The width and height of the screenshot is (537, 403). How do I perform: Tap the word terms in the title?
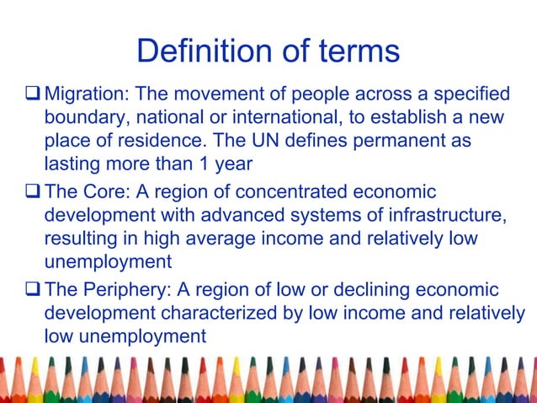(354, 52)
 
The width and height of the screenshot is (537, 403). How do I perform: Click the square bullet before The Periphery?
(33, 291)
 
